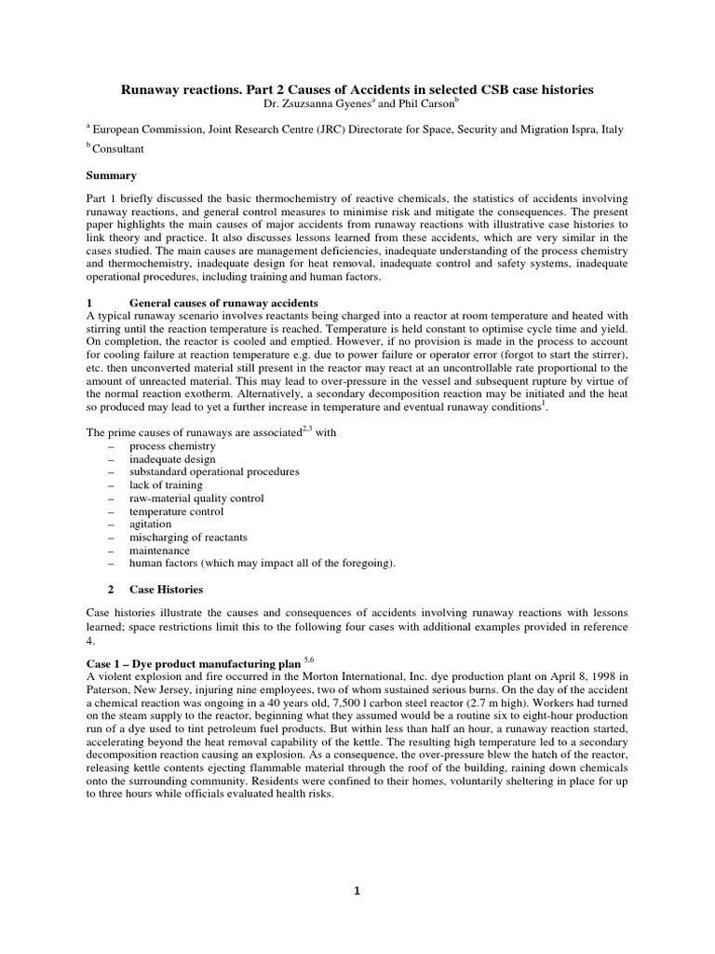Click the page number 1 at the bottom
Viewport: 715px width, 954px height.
coord(357,891)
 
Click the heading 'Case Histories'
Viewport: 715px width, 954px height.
coord(166,590)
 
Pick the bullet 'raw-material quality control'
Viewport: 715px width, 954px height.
coord(196,498)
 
